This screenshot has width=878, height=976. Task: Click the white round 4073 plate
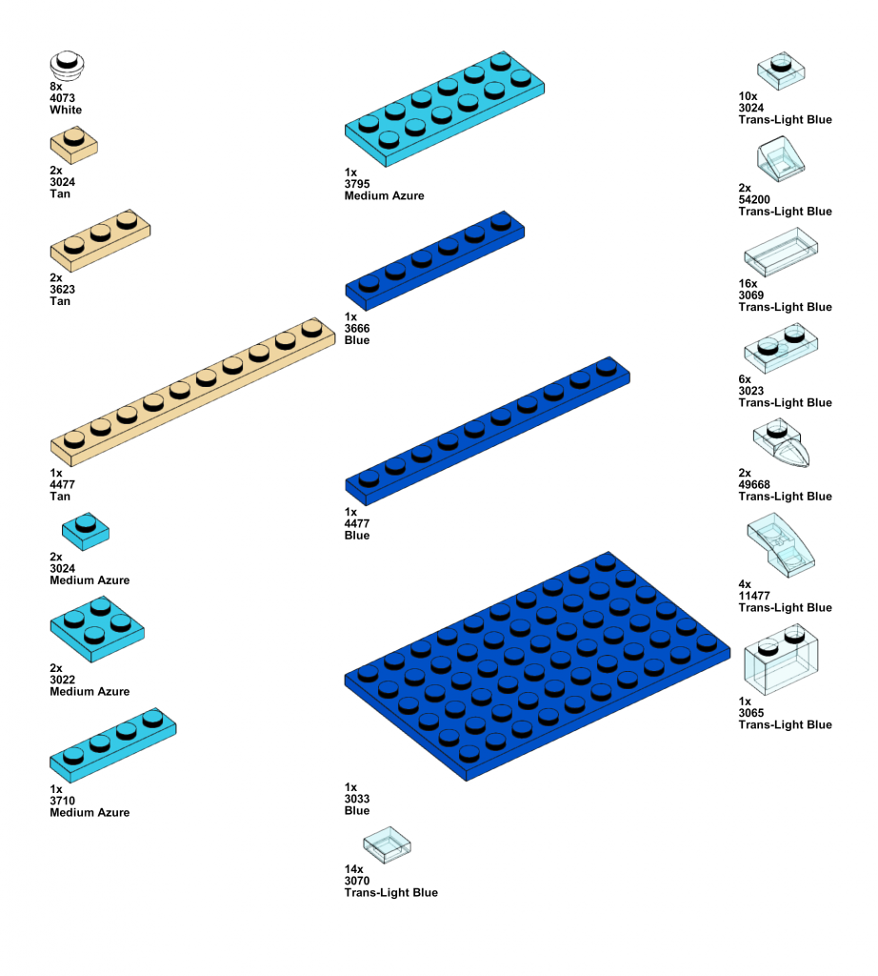click(x=67, y=66)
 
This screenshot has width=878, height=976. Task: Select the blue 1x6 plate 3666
click(x=434, y=256)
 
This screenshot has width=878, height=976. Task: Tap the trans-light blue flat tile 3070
click(x=387, y=844)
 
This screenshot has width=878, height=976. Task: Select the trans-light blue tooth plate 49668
click(x=784, y=445)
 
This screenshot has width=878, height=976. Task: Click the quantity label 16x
click(x=748, y=284)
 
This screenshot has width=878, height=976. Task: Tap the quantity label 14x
click(x=354, y=870)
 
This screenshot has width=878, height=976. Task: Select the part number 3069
click(x=751, y=295)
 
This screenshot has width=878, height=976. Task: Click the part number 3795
click(x=357, y=184)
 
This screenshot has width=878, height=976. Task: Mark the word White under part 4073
click(x=66, y=111)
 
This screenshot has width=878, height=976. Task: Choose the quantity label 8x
click(x=55, y=87)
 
